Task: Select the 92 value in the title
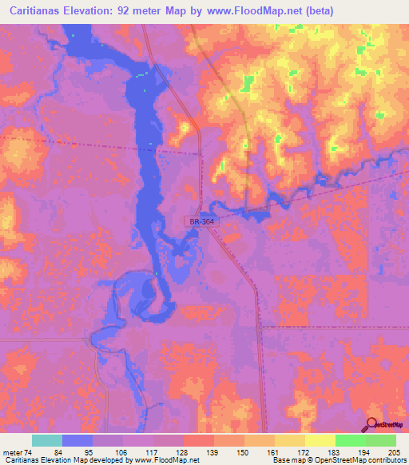[x=142, y=11]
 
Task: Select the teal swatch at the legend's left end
[x=47, y=440]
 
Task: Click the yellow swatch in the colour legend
[x=320, y=440]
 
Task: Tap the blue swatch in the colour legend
[x=77, y=440]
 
